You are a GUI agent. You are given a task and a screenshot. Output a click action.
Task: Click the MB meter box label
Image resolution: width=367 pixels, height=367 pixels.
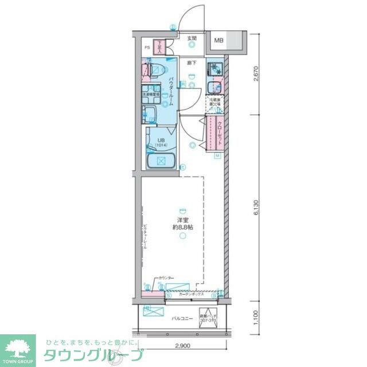pos(220,40)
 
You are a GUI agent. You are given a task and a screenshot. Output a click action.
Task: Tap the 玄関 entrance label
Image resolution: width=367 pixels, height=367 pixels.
pos(192,39)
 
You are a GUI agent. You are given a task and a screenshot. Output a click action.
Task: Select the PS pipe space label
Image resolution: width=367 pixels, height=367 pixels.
pos(147,48)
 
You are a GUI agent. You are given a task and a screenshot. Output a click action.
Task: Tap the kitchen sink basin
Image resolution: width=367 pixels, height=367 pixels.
pos(214,88)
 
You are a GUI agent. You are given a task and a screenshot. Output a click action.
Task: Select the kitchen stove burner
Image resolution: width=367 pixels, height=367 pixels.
pos(214,68)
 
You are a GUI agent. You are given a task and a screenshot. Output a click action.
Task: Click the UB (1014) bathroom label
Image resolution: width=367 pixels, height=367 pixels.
pos(158,142)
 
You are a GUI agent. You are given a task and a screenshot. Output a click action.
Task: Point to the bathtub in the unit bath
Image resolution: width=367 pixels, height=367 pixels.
pos(161,161)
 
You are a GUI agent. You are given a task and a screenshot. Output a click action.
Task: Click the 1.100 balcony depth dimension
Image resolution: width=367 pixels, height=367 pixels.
pos(256,316)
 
